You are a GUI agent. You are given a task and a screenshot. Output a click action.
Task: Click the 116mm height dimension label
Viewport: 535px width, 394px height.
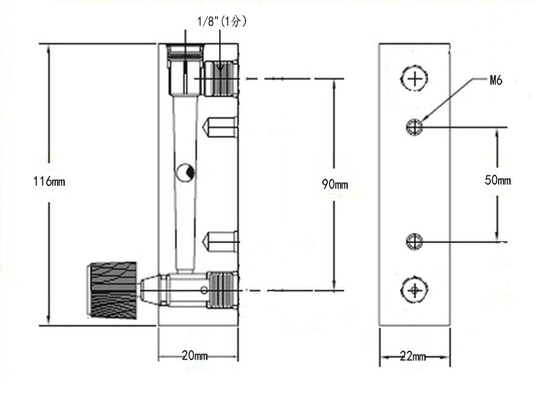(x=49, y=181)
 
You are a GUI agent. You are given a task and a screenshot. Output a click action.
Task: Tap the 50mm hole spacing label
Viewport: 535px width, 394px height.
(x=498, y=181)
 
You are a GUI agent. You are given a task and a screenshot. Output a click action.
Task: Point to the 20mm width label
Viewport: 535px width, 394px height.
(x=194, y=356)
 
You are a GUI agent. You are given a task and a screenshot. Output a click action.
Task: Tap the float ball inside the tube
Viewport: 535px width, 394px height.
(x=184, y=173)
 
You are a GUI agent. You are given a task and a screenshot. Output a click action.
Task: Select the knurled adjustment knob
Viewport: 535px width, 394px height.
(x=114, y=289)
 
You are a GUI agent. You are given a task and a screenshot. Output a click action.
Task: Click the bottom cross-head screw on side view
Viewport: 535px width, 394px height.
(x=414, y=290)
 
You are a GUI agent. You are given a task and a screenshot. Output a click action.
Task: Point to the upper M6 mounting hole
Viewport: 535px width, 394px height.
(x=414, y=127)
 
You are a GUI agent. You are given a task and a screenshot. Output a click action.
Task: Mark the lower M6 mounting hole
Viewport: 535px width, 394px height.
(x=414, y=241)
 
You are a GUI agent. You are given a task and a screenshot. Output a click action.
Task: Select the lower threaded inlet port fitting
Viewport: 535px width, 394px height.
(x=222, y=289)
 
